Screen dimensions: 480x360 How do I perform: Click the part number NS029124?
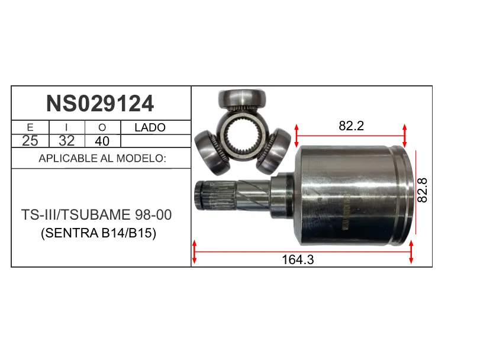click(x=100, y=104)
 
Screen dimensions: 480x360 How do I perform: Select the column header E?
click(x=30, y=127)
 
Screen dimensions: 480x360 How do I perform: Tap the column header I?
click(x=66, y=127)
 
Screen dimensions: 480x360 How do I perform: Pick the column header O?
click(x=102, y=127)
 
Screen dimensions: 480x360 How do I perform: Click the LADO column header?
click(x=150, y=127)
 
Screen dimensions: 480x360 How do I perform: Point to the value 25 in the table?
click(x=30, y=141)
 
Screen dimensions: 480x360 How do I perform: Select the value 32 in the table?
click(x=66, y=141)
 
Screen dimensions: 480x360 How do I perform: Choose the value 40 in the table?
click(x=102, y=141)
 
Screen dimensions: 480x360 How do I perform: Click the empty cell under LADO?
click(x=156, y=141)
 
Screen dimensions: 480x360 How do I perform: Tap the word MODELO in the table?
click(x=141, y=158)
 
